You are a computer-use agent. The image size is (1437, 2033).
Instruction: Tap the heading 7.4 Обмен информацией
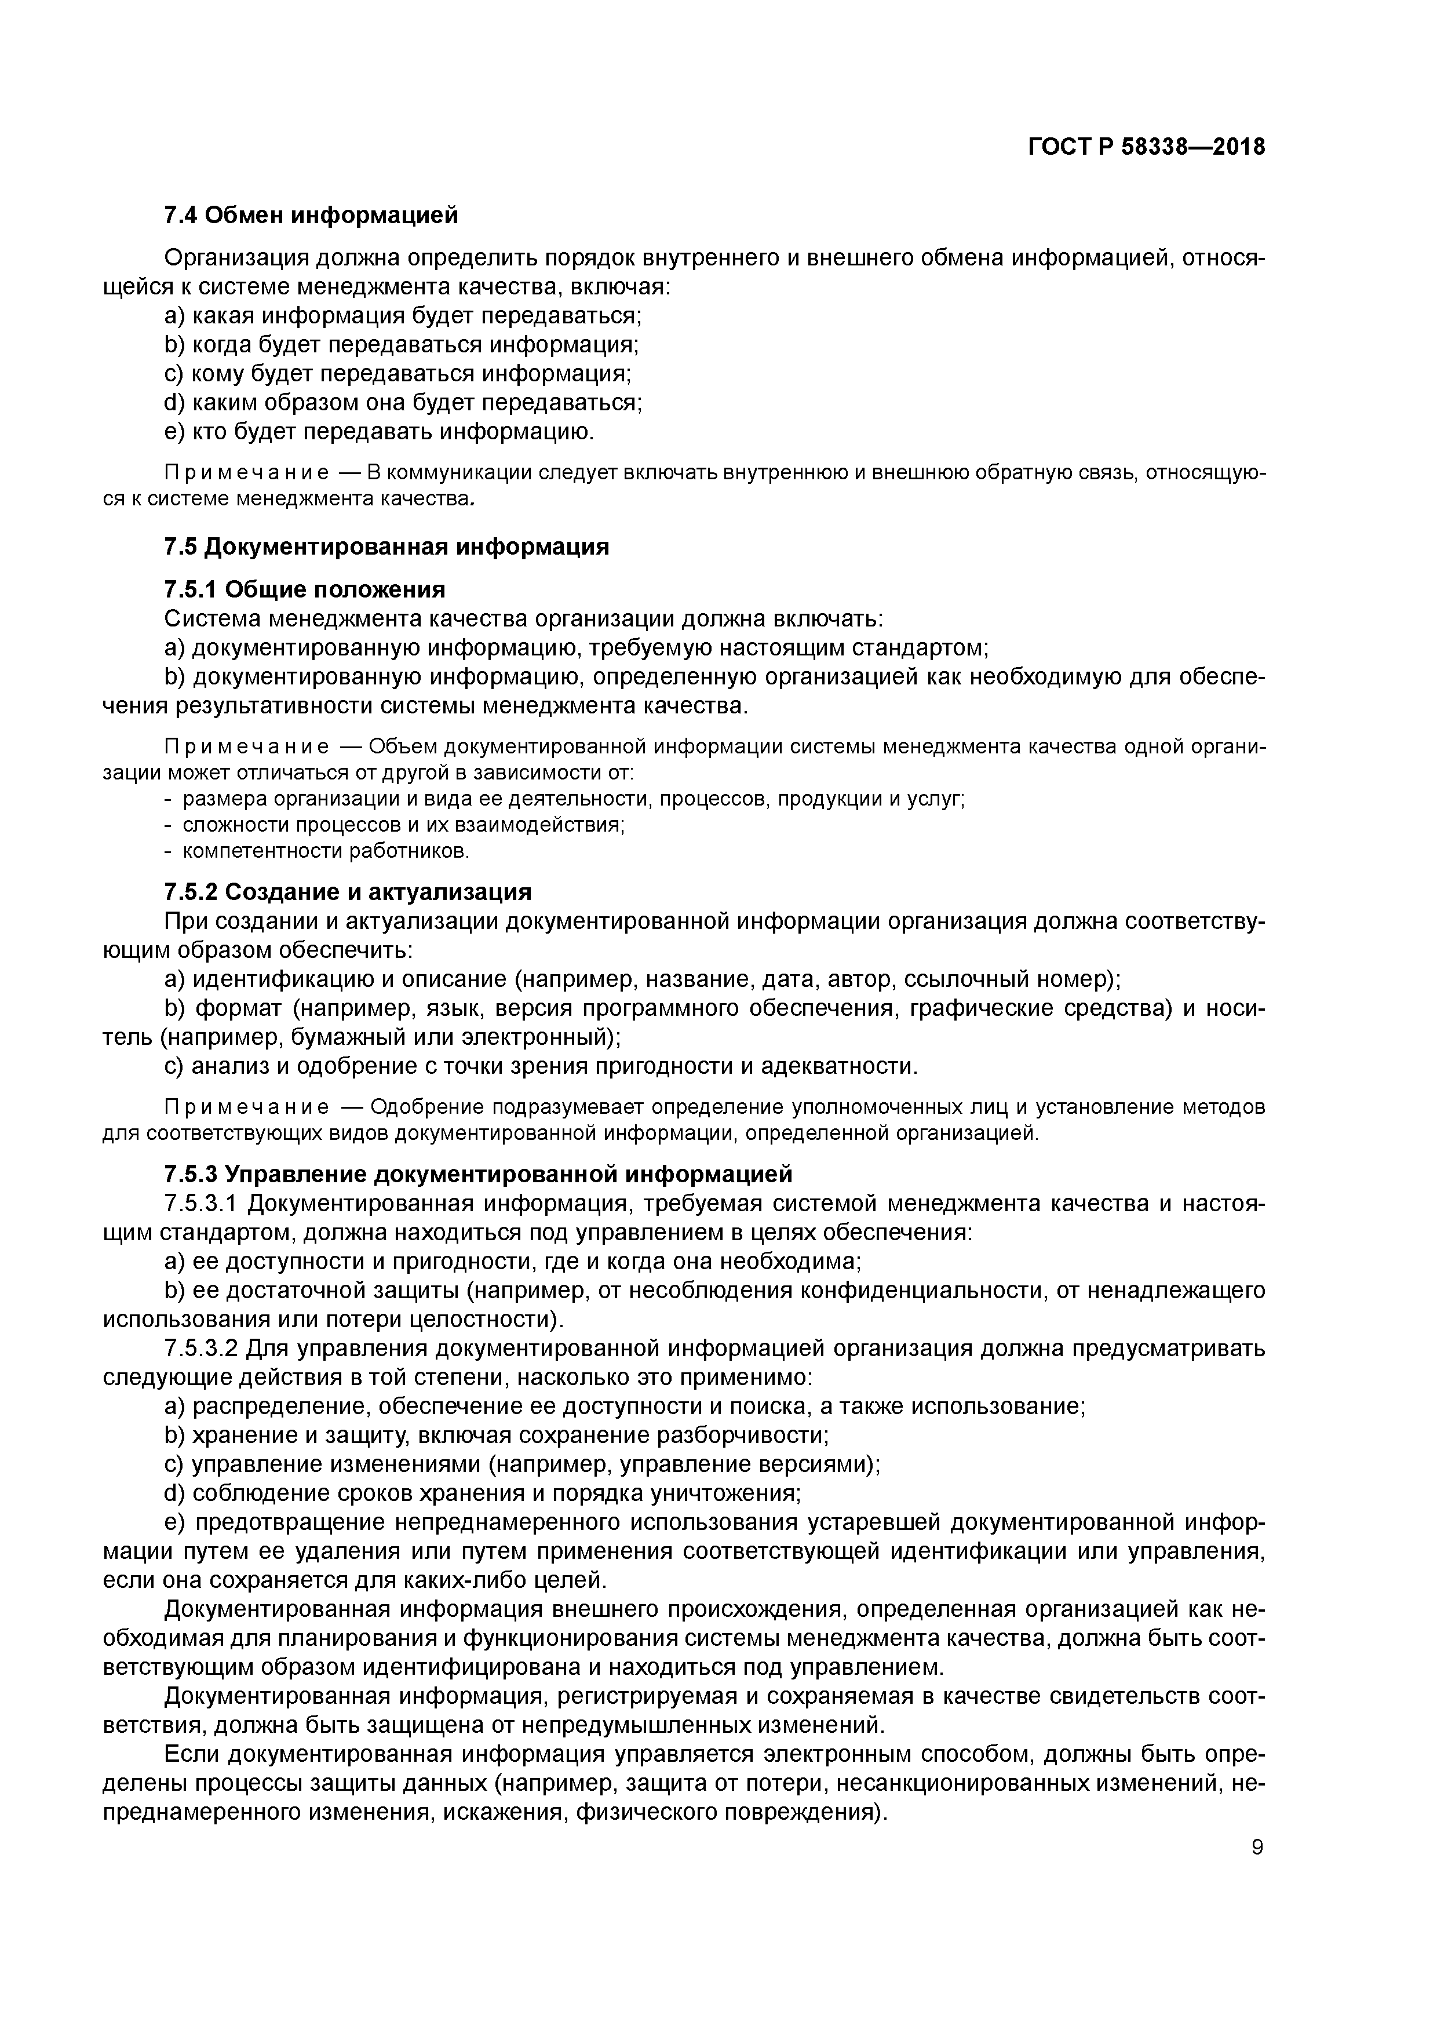[x=312, y=215]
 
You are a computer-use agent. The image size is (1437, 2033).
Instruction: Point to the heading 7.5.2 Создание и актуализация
[x=348, y=892]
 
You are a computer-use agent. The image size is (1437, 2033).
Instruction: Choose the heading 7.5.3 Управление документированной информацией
[x=478, y=1174]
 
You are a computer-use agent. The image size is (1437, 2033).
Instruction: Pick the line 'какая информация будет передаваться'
[x=403, y=316]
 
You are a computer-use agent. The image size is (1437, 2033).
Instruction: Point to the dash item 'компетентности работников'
[x=326, y=851]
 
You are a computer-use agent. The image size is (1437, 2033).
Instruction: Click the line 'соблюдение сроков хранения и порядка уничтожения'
[x=483, y=1494]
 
